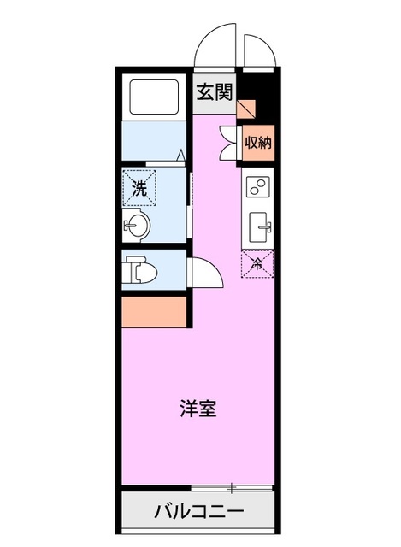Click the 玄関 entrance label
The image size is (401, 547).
(214, 93)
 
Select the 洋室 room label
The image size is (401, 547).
(198, 408)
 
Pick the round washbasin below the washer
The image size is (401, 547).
(137, 226)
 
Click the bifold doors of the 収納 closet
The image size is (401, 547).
(229, 143)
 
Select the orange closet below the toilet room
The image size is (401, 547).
(154, 311)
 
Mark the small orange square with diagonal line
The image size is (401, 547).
(246, 109)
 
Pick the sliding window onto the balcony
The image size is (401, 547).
(231, 488)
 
